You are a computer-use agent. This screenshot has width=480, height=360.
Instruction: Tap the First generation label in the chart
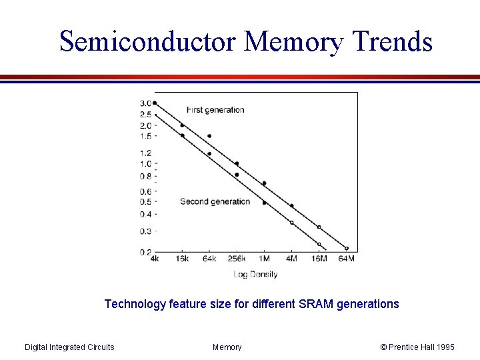215,110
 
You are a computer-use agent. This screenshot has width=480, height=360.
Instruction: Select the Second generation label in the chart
215,201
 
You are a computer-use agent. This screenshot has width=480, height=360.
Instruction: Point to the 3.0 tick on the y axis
145,103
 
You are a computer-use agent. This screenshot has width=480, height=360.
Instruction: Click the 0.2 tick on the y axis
145,252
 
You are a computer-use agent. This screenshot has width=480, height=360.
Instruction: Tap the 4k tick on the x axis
154,259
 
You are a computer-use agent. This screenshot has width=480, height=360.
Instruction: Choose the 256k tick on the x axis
236,259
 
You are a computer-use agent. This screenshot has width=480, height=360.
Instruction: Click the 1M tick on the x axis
264,259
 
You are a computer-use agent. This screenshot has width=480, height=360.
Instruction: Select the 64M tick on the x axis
346,259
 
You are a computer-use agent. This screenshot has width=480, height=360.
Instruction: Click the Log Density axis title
255,274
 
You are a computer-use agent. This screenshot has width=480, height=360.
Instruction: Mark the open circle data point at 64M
346,248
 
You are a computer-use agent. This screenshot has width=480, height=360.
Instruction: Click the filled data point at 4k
155,103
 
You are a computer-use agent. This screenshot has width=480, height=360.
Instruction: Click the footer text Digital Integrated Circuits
69,347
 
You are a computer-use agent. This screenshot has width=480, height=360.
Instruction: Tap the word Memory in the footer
227,347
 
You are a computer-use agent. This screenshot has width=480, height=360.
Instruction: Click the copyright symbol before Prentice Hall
383,347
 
